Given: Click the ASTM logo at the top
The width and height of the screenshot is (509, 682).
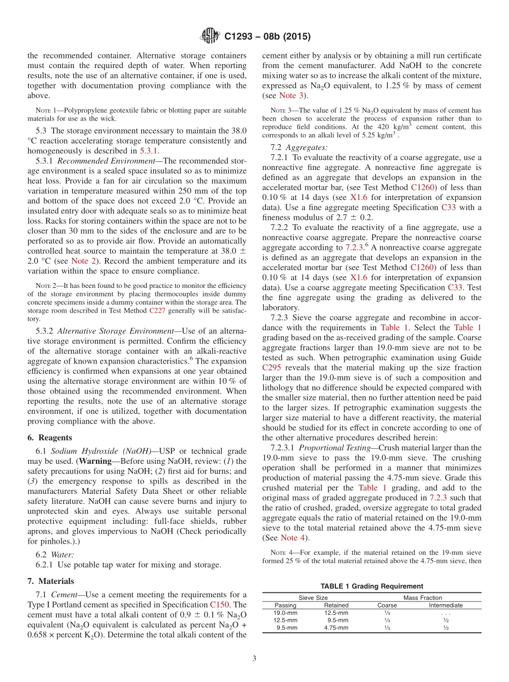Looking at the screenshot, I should pos(209,36).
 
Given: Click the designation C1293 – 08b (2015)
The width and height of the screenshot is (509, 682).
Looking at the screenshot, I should pos(267,36).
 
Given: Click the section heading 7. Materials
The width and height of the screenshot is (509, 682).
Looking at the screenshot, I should pos(50,581).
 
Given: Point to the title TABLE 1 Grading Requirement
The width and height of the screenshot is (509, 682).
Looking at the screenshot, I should pos(371,586).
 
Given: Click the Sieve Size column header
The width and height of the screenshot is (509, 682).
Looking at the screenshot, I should pos(313,597).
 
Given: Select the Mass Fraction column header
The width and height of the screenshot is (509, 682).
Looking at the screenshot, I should pos(423,597).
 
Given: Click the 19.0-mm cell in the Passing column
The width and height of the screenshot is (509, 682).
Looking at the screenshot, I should pos(285,612).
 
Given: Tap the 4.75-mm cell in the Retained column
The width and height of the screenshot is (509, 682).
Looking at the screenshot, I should pos(336,627).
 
